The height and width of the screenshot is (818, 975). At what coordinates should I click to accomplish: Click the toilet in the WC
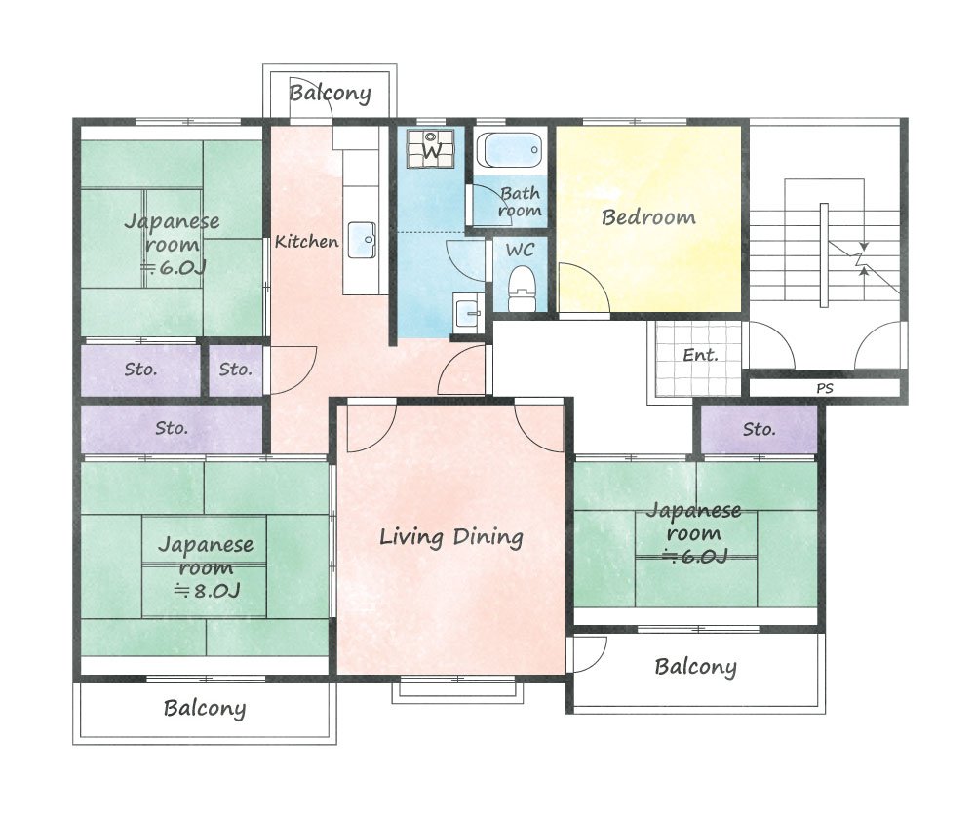521,289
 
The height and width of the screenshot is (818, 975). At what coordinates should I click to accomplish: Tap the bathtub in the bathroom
510,150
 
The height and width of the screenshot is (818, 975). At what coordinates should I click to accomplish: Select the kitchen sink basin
362,240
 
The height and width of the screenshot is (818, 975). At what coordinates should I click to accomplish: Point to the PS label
825,388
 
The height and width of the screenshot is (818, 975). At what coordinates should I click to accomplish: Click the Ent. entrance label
700,355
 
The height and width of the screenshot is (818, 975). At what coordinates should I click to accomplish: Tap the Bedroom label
648,217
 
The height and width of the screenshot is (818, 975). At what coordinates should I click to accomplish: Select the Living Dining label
451,536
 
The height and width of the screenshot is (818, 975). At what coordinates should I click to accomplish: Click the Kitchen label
306,241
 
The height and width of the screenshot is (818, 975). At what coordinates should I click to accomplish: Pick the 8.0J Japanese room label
206,566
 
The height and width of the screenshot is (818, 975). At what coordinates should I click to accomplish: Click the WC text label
520,250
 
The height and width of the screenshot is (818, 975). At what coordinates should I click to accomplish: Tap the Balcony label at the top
331,94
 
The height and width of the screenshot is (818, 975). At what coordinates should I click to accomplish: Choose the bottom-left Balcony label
205,708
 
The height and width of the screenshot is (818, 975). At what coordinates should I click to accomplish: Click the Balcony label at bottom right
696,667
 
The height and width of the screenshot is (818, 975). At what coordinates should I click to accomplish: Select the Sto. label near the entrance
759,429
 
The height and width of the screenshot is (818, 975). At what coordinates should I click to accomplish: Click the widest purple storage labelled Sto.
172,429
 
